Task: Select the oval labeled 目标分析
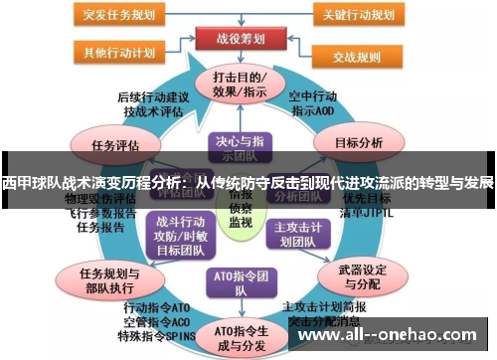point(359,143)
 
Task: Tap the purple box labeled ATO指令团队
point(240,282)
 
